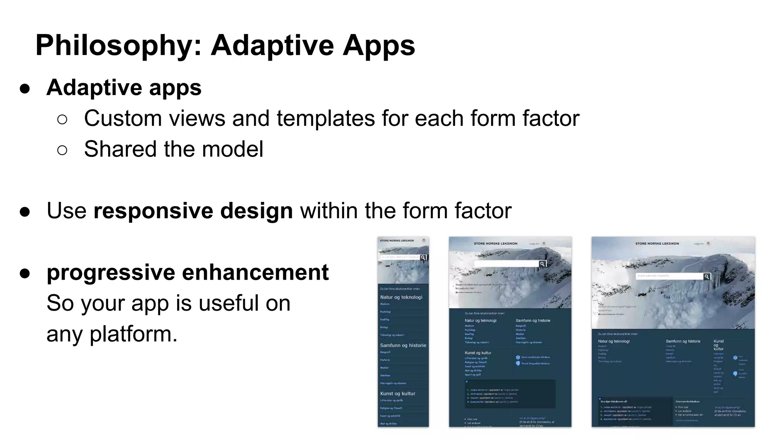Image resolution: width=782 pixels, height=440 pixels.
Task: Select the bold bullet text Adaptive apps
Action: pos(124,87)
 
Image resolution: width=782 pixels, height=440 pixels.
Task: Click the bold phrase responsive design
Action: pos(193,211)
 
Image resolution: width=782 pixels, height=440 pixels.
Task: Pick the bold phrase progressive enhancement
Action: pos(187,272)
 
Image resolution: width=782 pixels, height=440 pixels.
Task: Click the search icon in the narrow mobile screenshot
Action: pos(423,258)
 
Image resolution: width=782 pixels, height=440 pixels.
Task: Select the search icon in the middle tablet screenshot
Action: pos(542,264)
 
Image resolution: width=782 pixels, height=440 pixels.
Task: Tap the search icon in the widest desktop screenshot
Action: pos(707,277)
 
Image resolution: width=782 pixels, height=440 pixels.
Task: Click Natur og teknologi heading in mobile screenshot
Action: pos(401,297)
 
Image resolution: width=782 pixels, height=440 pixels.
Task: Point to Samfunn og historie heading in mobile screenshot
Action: pos(403,345)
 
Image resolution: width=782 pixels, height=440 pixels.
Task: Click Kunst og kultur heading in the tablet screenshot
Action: pos(478,353)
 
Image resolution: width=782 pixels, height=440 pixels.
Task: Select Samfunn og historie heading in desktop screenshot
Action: pos(683,341)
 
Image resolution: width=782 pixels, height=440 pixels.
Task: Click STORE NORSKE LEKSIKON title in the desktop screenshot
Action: pos(657,243)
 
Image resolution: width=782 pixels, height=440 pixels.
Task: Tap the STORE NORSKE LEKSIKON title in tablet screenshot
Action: pos(495,243)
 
